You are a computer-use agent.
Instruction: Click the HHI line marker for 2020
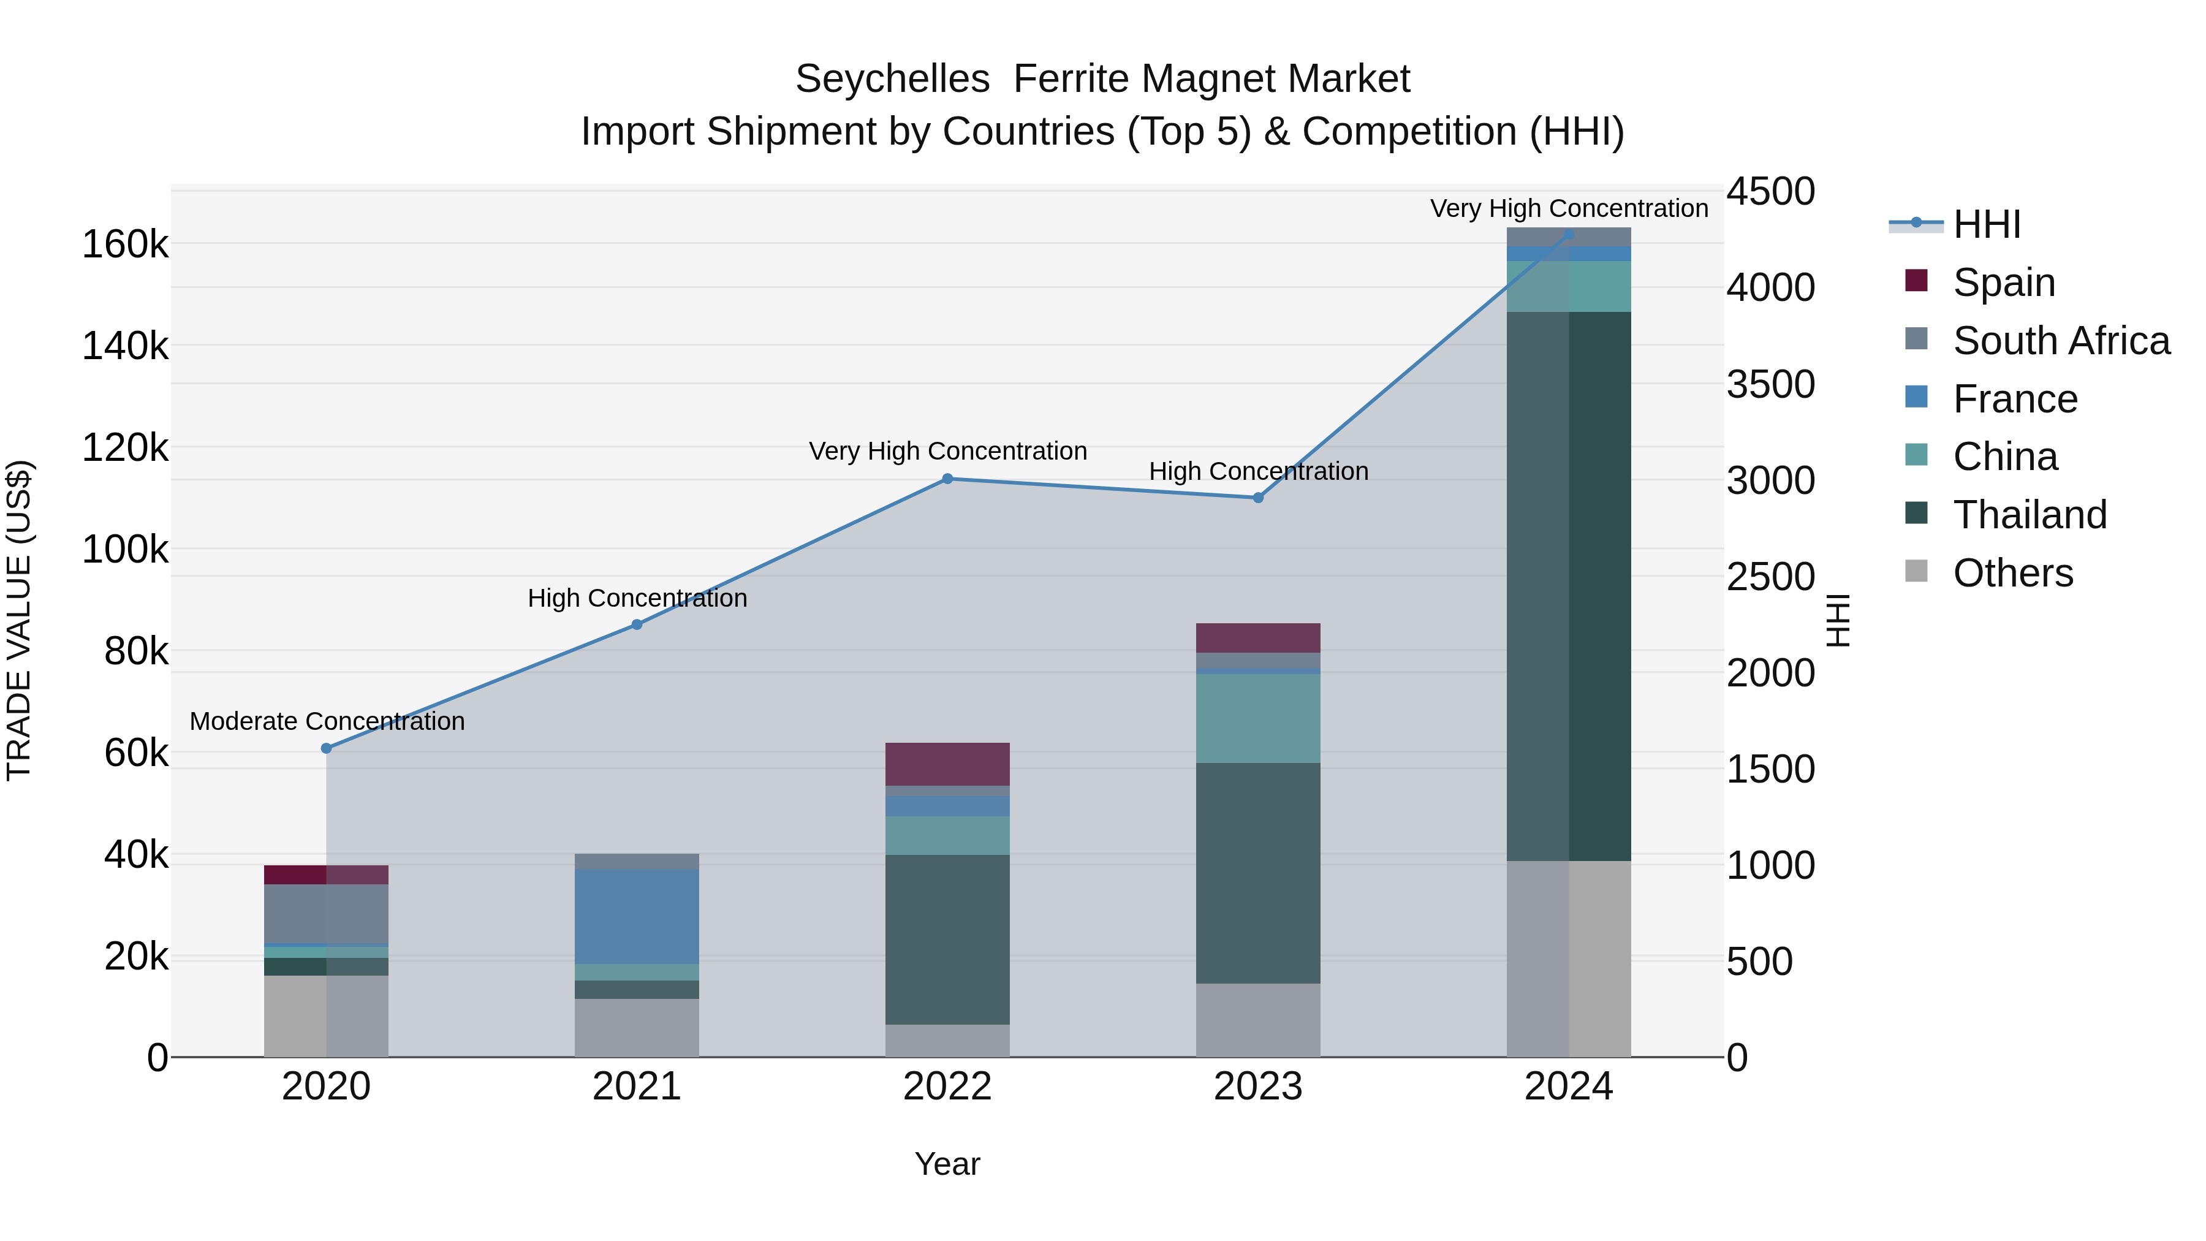pos(326,748)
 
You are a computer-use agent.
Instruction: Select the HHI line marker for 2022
pos(947,479)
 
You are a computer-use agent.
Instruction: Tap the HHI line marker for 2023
pos(1258,498)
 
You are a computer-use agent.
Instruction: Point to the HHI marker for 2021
pos(637,624)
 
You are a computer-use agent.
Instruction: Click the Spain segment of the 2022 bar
pos(947,764)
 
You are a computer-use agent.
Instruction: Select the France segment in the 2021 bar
pos(637,916)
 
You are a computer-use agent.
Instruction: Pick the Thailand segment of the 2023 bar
pos(1258,873)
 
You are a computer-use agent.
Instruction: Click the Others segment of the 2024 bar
pos(1569,958)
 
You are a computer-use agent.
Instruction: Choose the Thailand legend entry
pos(2030,515)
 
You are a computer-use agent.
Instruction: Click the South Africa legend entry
pos(2061,341)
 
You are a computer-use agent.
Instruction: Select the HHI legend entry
pos(1987,224)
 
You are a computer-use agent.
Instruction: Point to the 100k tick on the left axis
pos(125,549)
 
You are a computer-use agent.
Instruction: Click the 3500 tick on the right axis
pos(1770,384)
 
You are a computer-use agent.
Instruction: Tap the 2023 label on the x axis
pos(1258,1087)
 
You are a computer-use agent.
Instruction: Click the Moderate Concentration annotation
pos(327,721)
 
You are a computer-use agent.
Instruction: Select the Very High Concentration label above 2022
pos(948,451)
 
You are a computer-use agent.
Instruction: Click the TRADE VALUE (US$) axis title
pos(20,620)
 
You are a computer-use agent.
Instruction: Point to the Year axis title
pos(947,1164)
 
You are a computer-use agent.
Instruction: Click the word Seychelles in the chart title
pos(892,80)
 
